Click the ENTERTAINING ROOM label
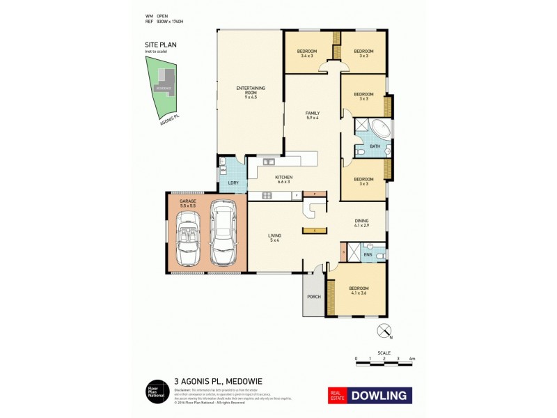(251, 92)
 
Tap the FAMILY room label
(311, 115)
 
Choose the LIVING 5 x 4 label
(274, 238)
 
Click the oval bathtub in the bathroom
(379, 130)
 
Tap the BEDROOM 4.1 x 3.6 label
(358, 291)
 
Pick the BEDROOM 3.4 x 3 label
(307, 53)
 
